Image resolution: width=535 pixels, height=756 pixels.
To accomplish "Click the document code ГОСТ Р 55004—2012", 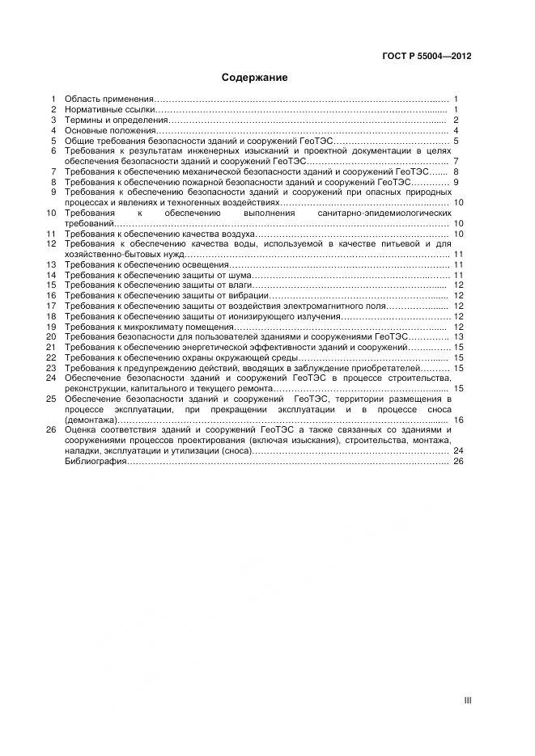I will pos(426,57).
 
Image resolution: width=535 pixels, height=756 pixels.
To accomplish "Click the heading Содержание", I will pos(254,78).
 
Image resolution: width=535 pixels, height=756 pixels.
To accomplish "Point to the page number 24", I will pos(458,451).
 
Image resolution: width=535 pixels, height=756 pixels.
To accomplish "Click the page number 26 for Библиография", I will pos(458,462).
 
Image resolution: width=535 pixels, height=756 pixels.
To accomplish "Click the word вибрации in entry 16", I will pos(248,296).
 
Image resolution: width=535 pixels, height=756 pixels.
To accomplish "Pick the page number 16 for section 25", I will pos(458,420).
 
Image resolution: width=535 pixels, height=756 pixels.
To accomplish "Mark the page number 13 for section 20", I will pos(458,336).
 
